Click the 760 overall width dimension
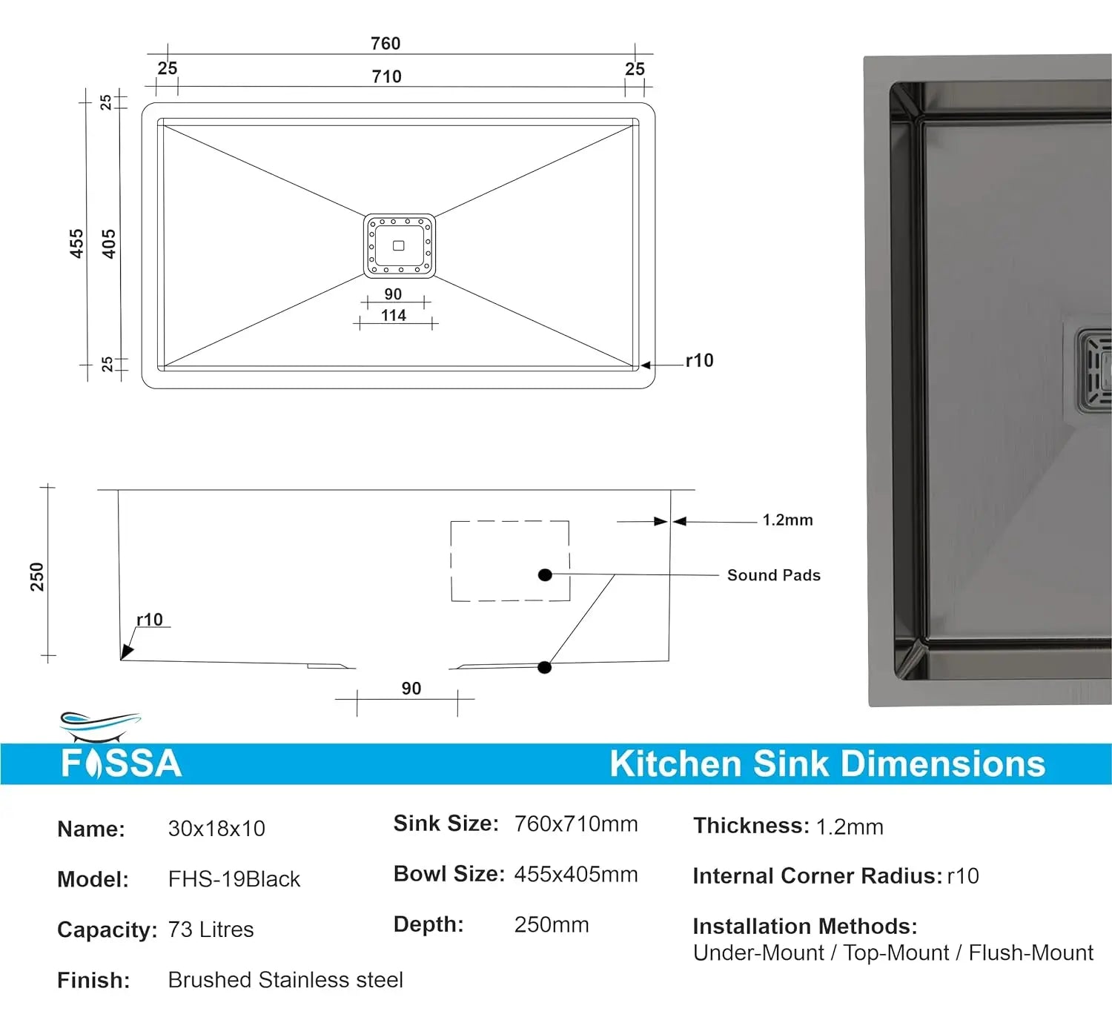coord(385,44)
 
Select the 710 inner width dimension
coord(386,76)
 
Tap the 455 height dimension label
coord(76,244)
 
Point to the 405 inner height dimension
coord(109,244)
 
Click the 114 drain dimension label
coord(394,316)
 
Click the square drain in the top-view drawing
coord(399,245)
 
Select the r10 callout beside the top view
coord(699,361)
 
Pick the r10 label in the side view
coord(149,620)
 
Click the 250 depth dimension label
coord(37,577)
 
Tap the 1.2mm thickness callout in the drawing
coord(787,520)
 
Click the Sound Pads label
coord(773,575)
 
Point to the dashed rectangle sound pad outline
coord(510,560)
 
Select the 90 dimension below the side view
coord(411,689)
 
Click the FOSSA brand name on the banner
coord(122,763)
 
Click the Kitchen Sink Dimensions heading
coord(827,763)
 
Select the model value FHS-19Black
coord(234,879)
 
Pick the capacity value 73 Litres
coord(211,930)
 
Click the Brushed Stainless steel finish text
coord(285,980)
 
